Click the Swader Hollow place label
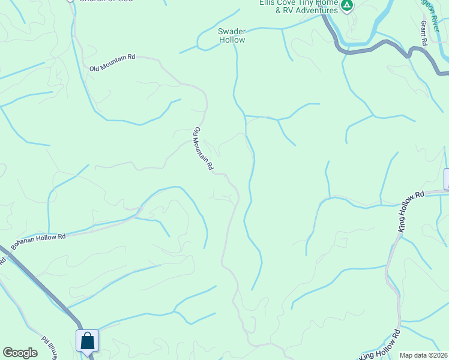(x=231, y=35)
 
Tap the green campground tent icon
(x=346, y=6)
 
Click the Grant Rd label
(x=424, y=34)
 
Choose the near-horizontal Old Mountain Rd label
(x=112, y=63)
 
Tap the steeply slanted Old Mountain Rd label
(x=203, y=149)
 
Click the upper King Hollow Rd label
(x=411, y=211)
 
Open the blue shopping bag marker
(x=88, y=341)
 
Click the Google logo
(x=20, y=353)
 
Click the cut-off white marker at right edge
(x=446, y=179)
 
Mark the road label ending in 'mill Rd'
(x=47, y=347)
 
